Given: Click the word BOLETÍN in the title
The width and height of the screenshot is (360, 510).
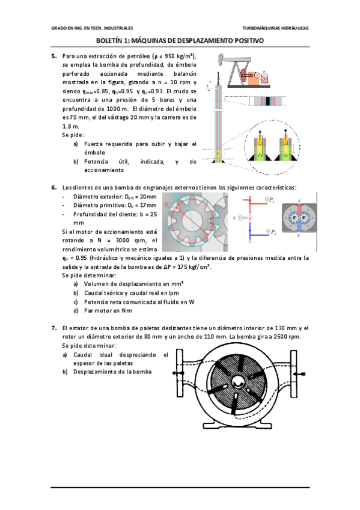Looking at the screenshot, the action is click(x=110, y=41).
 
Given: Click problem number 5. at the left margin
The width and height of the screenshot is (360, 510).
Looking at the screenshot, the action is click(x=54, y=56).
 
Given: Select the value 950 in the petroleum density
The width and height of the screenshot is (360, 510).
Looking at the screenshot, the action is click(x=169, y=56).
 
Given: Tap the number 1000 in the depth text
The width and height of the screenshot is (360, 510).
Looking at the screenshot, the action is click(x=114, y=109).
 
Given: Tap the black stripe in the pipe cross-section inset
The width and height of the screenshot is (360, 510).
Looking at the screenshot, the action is click(x=267, y=101).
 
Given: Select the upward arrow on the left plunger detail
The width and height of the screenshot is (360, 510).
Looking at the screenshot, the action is click(x=260, y=134).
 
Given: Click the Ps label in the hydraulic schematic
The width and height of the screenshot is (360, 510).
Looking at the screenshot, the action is click(x=272, y=200).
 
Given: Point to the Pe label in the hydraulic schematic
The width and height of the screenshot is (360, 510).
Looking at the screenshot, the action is click(x=273, y=232).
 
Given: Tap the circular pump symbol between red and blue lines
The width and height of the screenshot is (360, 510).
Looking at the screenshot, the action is click(x=250, y=218).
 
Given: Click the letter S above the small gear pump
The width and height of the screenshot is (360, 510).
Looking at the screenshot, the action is click(x=299, y=201).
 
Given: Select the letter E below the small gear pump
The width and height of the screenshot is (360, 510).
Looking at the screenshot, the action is click(x=299, y=236).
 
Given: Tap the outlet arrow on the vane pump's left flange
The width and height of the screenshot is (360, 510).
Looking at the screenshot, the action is click(x=177, y=373).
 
